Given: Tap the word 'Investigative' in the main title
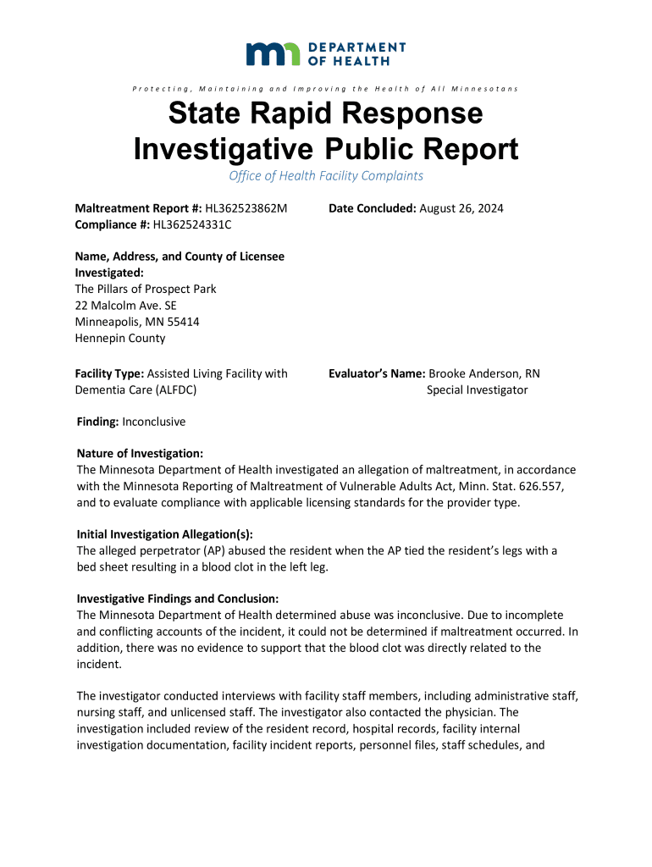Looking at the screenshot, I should coord(224,150).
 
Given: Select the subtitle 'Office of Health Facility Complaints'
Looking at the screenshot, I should coord(326,176).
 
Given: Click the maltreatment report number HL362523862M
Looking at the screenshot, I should coord(246,208).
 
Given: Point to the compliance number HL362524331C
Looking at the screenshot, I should coord(191,224).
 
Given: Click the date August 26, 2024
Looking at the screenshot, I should coord(461,208).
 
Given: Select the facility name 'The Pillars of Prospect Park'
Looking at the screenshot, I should coord(146,289).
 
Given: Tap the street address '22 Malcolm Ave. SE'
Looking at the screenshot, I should coord(126,306).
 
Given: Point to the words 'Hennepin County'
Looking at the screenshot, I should coord(120,338).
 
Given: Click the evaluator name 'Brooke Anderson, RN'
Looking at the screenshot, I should coord(484,373).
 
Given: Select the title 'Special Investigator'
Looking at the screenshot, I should coord(477,390).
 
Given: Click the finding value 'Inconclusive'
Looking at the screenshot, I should coord(154,421).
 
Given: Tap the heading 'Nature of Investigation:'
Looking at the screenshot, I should coord(140,454).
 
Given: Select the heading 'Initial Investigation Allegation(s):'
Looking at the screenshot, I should coord(165,534).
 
